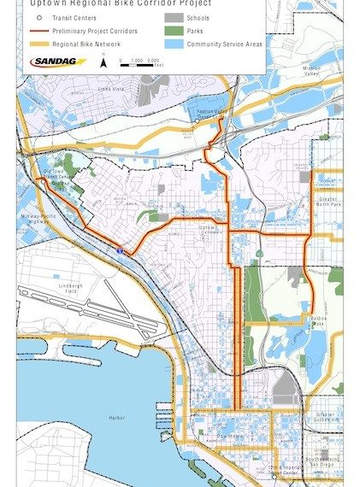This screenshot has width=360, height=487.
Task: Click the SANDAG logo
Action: point(58,62)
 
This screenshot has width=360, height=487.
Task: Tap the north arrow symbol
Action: point(103,61)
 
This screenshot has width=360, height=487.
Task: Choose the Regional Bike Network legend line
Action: point(38,43)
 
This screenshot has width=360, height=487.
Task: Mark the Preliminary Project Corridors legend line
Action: point(38,30)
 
